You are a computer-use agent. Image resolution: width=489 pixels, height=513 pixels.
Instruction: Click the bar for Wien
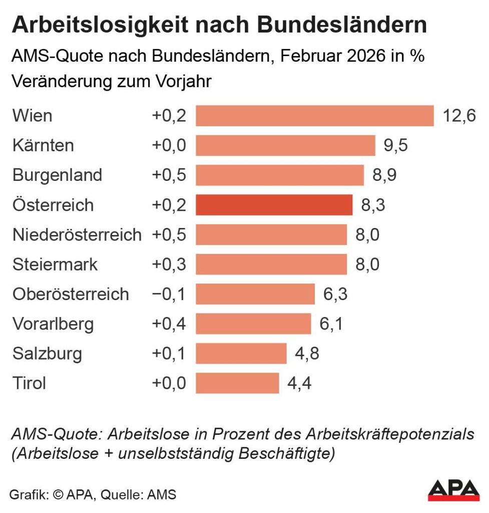tap(314, 116)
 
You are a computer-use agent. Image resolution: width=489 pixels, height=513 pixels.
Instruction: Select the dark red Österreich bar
tap(274, 205)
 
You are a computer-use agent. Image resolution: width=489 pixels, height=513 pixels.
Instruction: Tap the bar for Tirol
tap(237, 383)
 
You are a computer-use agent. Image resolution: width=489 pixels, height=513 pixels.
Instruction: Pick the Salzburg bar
tap(241, 354)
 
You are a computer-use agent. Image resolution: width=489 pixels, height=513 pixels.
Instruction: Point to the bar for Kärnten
tap(285, 145)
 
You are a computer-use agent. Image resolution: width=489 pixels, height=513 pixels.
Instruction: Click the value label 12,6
tap(459, 116)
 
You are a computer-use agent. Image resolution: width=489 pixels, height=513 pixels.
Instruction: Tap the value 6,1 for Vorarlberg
tap(331, 324)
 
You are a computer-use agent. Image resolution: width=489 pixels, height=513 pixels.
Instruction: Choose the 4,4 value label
tap(299, 383)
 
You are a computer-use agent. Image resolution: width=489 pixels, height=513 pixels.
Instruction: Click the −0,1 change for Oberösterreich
tap(169, 294)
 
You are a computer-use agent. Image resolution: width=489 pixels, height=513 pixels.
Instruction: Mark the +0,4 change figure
tap(169, 324)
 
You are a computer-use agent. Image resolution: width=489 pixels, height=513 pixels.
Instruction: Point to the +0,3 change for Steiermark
tap(169, 265)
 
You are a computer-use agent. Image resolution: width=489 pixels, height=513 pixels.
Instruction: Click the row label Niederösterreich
tap(77, 234)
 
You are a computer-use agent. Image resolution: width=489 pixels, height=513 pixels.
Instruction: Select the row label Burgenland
tap(57, 175)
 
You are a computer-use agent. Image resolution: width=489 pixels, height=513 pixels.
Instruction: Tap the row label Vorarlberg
tap(53, 324)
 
